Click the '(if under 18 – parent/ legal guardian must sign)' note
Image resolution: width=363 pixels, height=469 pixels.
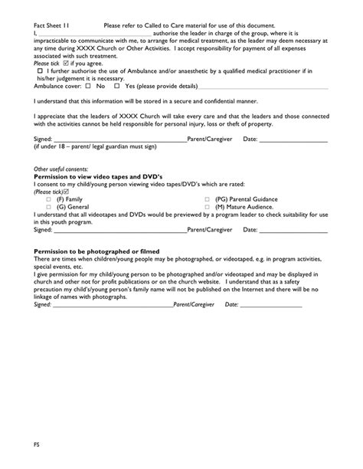(94, 147)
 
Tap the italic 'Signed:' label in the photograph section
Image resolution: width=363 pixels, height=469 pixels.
(43, 304)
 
